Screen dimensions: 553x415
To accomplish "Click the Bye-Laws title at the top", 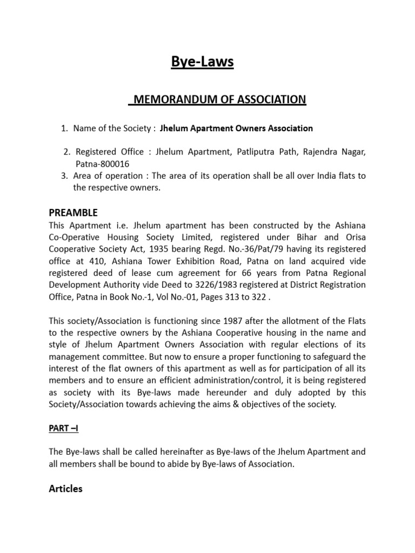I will pos(203,62).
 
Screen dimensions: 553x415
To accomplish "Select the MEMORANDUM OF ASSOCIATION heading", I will pos(219,99).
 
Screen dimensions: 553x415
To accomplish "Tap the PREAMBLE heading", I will pos(73,213).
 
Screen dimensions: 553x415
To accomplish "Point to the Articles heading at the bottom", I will pos(65,489).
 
